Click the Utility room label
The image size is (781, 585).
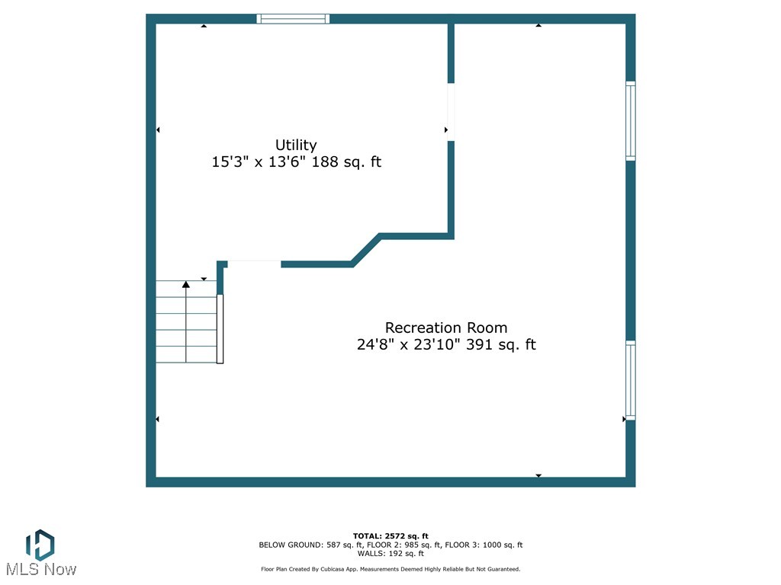296,145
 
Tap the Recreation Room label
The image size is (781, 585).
446,328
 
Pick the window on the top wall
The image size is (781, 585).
293,19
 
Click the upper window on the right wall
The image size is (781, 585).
630,120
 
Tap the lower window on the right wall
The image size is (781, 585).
630,380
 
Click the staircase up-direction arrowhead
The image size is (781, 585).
186,285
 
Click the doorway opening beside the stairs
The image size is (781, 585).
255,264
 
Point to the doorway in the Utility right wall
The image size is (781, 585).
451,111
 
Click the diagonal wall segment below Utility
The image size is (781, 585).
365,250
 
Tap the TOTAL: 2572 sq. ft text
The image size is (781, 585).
390,536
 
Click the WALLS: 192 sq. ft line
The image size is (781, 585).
390,553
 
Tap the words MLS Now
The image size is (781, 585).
41,569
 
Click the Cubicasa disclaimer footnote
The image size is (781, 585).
390,569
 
